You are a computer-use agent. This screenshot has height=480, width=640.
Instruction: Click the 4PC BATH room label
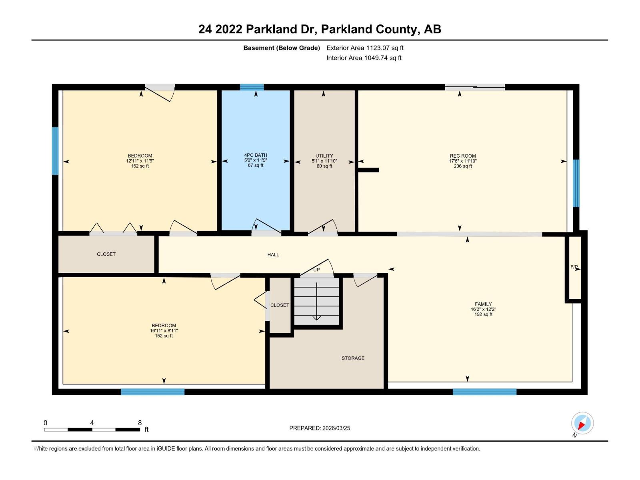point(256,155)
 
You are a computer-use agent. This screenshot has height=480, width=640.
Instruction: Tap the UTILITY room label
point(324,156)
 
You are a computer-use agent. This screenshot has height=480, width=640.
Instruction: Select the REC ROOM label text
point(463,156)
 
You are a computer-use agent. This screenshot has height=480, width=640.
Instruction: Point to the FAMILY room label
point(483,304)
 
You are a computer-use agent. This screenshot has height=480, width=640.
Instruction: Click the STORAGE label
point(353,358)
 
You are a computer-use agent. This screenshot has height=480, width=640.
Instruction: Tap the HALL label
point(273,254)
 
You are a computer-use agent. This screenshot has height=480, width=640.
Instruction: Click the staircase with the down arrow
point(316,302)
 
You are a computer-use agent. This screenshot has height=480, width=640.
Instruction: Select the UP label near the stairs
point(316,270)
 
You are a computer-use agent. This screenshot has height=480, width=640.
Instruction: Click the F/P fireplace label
point(574,267)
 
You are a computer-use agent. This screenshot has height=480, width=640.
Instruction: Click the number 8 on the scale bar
point(140,423)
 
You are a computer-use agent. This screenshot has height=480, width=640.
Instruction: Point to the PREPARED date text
point(320,428)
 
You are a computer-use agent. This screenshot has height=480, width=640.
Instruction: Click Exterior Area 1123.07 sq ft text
point(365,48)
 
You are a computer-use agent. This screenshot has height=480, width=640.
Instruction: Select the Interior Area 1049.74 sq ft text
point(364,58)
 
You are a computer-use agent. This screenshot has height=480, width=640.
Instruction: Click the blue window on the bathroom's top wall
point(252,87)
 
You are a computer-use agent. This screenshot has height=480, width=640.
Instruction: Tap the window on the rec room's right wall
point(576,183)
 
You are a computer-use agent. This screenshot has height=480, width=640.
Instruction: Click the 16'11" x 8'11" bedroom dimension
point(164,331)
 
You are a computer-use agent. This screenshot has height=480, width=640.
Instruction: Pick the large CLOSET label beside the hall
point(106,254)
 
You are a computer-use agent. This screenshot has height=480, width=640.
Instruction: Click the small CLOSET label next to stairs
point(280,305)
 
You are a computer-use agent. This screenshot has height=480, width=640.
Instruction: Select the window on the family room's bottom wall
point(484,392)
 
